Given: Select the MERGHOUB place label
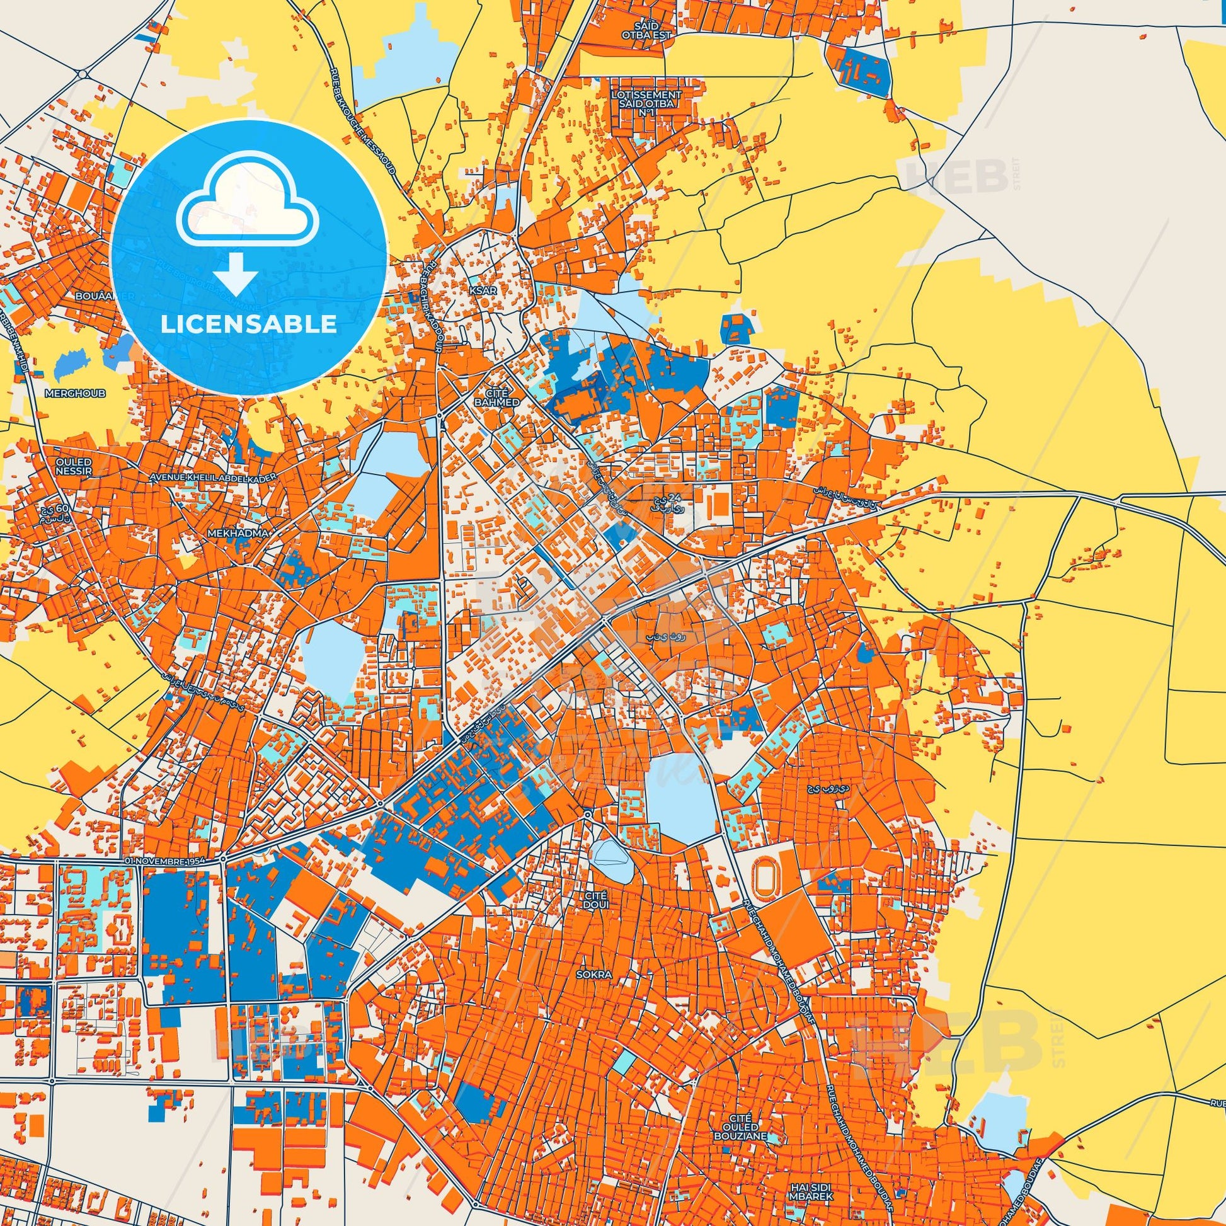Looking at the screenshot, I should (x=76, y=393).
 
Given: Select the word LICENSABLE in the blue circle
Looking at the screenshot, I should (x=248, y=324).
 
